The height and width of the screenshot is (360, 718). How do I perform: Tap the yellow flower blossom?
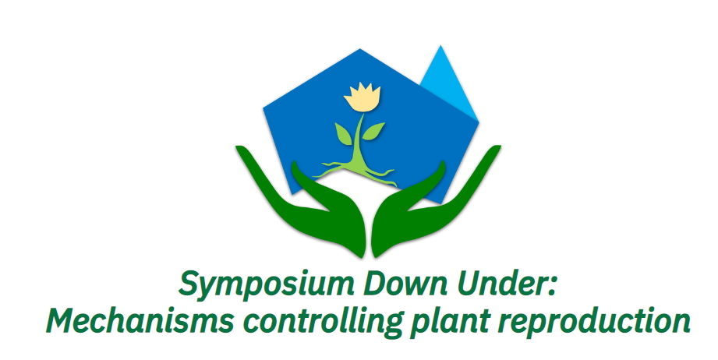pyautogui.click(x=362, y=97)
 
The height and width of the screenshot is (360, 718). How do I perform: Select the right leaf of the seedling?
pyautogui.click(x=373, y=131)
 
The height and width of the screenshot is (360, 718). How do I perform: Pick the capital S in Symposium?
pyautogui.click(x=189, y=284)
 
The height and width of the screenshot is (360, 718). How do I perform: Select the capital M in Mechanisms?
pyautogui.click(x=63, y=320)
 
